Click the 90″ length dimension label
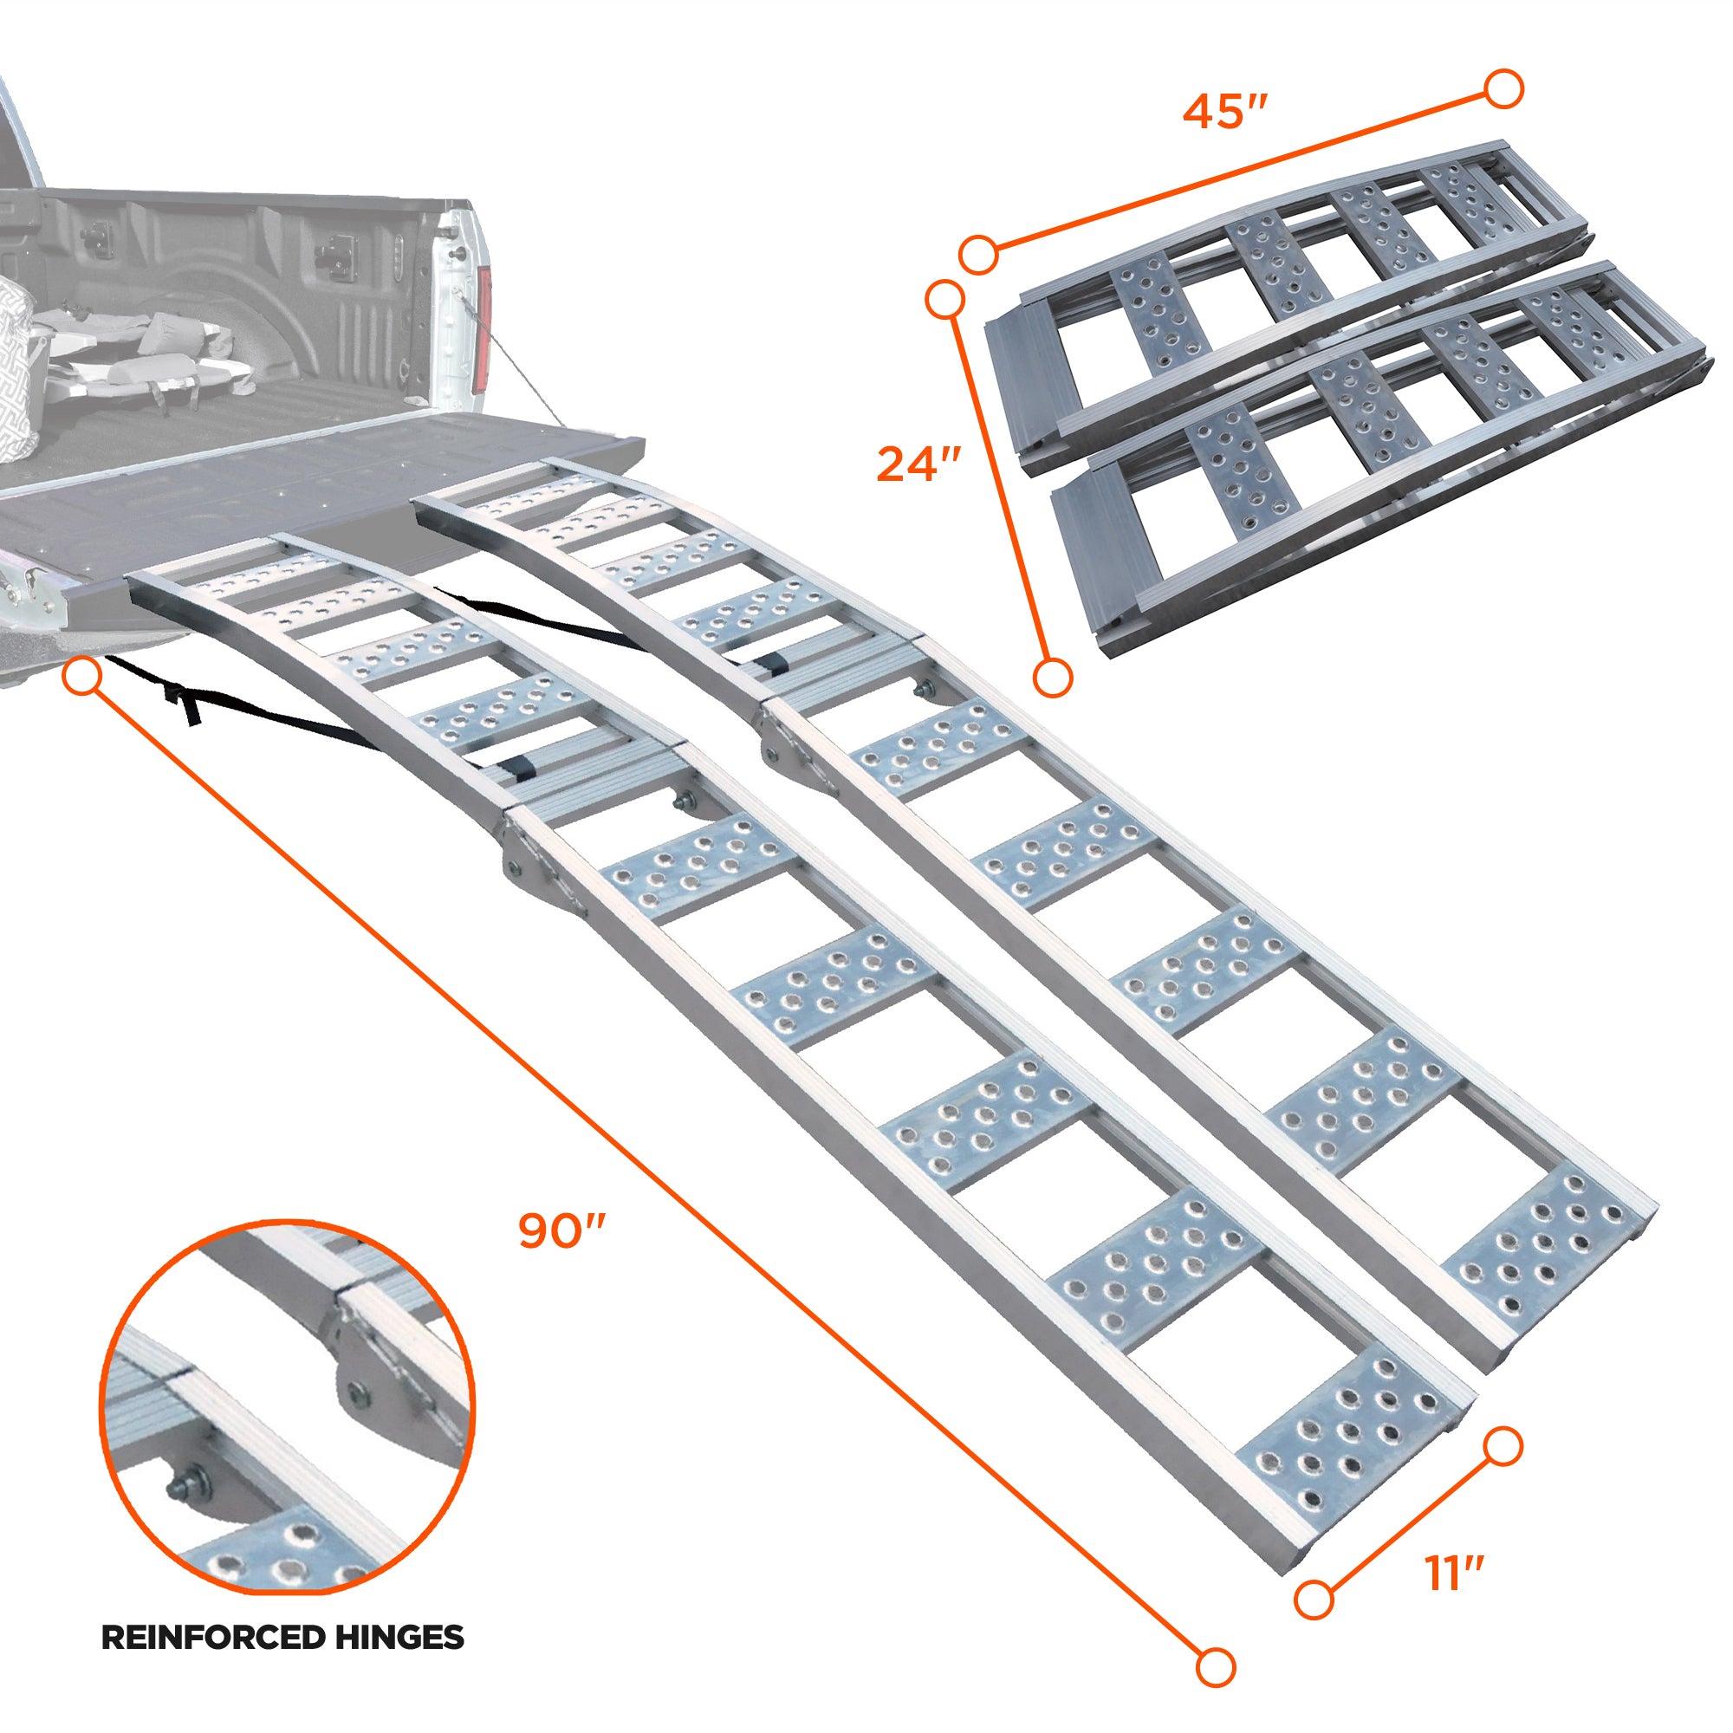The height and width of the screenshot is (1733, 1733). [x=562, y=1231]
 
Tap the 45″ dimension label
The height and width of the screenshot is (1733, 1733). [x=1224, y=112]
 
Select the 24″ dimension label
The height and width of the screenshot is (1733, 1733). [x=918, y=465]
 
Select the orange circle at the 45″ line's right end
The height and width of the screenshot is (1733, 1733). [x=1504, y=90]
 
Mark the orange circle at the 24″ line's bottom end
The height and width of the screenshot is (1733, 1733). [x=1052, y=677]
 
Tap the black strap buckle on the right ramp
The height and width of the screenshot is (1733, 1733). [x=770, y=665]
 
